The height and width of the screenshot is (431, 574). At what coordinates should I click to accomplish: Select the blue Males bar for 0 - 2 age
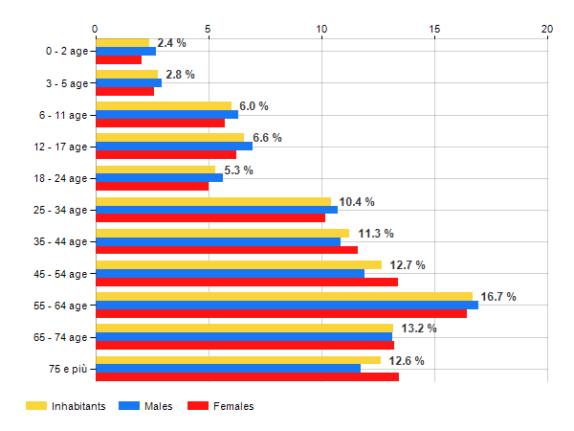click(125, 51)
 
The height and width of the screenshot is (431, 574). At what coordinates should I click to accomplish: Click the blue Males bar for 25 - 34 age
click(216, 210)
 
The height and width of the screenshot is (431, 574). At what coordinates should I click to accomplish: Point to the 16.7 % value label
click(498, 297)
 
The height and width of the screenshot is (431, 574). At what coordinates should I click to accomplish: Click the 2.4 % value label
click(171, 43)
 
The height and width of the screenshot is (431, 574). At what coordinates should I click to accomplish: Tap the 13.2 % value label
click(419, 329)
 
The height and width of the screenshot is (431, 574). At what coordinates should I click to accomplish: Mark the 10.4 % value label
click(357, 202)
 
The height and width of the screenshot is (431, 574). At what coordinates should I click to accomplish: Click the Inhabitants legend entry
click(66, 407)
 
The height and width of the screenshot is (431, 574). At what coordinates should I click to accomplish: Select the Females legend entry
click(221, 407)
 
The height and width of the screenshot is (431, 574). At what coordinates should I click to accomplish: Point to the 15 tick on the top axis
click(434, 29)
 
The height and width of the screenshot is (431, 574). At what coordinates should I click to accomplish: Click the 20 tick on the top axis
click(547, 29)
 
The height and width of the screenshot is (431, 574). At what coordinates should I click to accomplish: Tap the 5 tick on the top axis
click(209, 29)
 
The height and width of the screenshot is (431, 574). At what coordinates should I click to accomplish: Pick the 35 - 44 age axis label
click(61, 242)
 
